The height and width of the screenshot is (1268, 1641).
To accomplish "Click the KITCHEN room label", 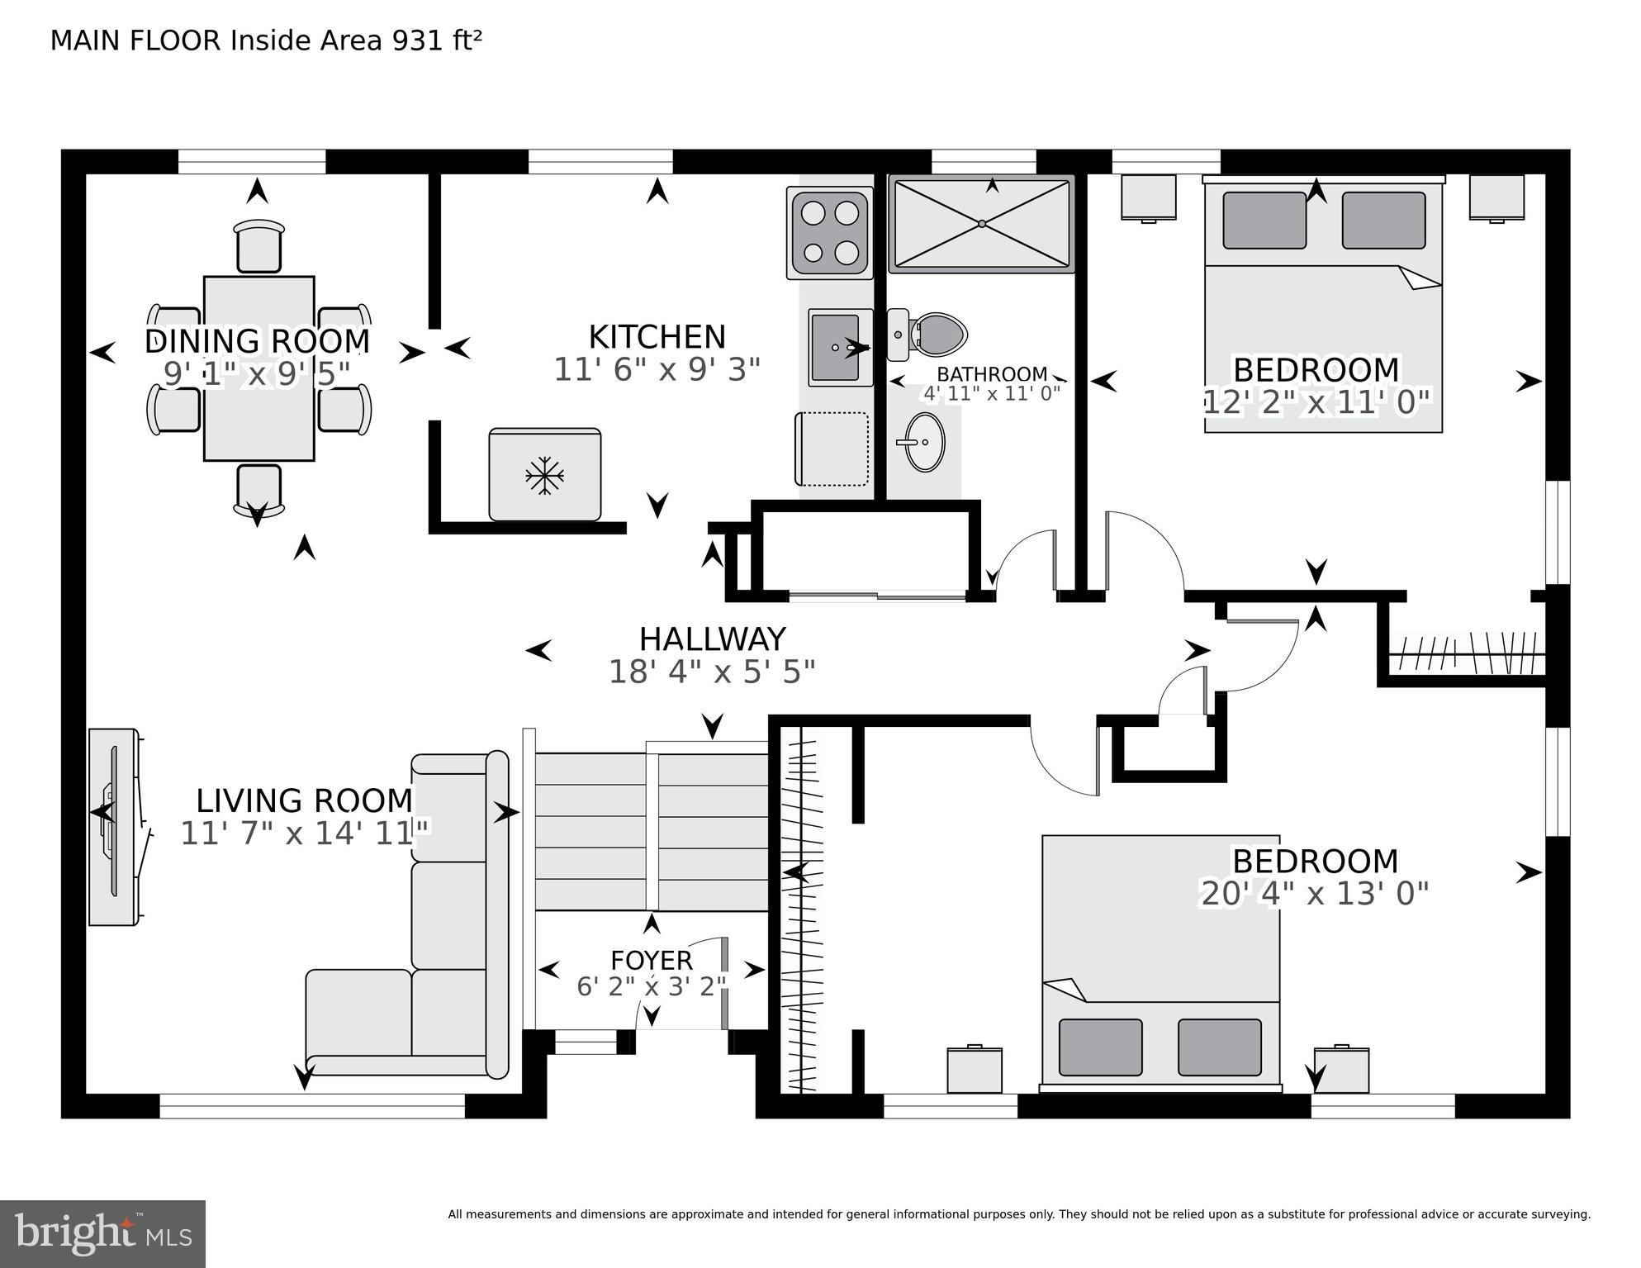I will click(657, 337).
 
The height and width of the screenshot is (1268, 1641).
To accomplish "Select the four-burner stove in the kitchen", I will click(829, 233).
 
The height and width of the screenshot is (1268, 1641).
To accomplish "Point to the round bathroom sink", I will click(924, 442).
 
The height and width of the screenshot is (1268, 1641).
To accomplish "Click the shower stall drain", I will click(981, 224).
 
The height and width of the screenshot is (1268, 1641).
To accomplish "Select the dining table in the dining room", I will click(258, 368).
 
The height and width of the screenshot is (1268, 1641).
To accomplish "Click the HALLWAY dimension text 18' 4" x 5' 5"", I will click(712, 672).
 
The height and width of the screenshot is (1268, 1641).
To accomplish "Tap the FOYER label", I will click(651, 961).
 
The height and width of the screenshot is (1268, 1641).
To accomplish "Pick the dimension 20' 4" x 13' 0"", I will click(1314, 894).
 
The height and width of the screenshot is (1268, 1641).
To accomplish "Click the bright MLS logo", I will click(102, 1233).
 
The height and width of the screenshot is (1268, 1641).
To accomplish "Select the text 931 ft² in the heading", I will click(437, 40).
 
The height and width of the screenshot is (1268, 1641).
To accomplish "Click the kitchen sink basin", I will click(836, 347).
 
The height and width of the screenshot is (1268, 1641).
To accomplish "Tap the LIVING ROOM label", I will click(304, 800).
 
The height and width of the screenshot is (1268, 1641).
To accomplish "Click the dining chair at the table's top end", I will click(258, 245).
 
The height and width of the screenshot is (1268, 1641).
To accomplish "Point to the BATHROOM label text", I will click(991, 375).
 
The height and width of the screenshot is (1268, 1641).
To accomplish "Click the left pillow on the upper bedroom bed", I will click(1264, 220).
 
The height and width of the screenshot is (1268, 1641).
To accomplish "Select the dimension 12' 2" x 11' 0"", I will click(1316, 403).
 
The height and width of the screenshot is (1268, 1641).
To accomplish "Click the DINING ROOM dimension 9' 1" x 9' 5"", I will click(257, 374).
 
